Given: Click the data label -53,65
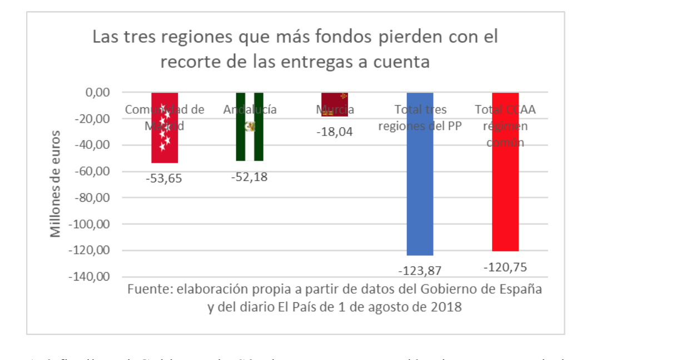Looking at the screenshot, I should tap(164, 178).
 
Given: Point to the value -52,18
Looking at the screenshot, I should tap(249, 177).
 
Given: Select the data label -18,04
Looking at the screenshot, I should tap(335, 132).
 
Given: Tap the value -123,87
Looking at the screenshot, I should tap(420, 271).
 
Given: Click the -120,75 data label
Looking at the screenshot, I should tap(505, 267).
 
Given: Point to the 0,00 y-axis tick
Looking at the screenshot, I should tap(98, 92).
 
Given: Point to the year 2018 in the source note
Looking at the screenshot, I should tap(447, 307).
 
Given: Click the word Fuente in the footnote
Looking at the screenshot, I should tap(147, 289).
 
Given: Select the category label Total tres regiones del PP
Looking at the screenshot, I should tap(420, 117).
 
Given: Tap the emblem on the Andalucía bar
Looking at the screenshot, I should tap(250, 127).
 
